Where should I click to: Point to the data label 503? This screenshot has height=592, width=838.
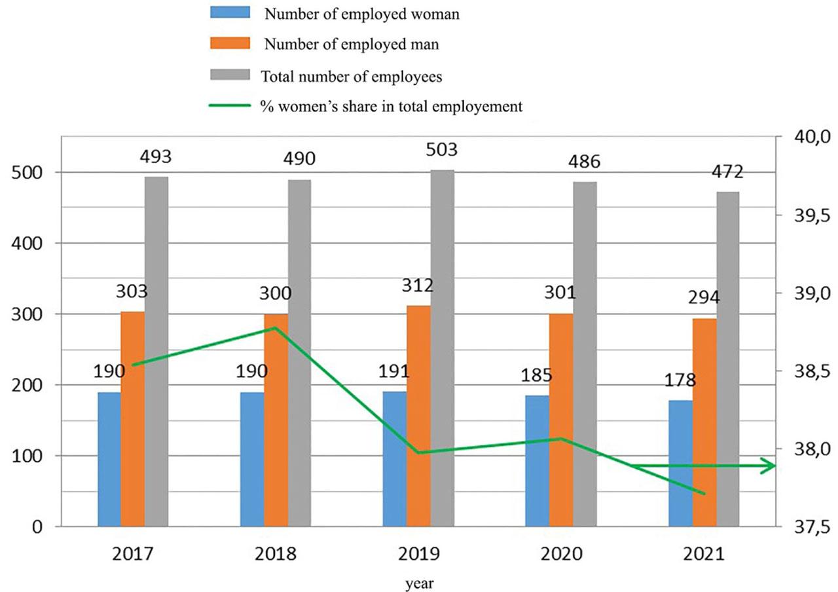(439, 149)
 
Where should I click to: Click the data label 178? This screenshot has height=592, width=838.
(681, 380)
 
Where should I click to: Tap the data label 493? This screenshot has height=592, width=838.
(155, 157)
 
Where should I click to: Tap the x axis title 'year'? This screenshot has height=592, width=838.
(418, 581)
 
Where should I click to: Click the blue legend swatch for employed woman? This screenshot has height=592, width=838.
(230, 14)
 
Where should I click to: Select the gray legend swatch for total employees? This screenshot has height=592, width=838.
(230, 76)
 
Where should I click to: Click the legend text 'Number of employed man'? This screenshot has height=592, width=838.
(352, 45)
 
